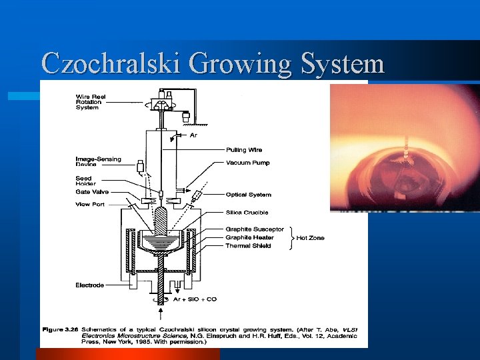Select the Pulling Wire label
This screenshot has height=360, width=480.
(x=245, y=150)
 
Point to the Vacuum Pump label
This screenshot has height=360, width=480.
(x=248, y=163)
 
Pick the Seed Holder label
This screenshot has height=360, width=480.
(x=85, y=181)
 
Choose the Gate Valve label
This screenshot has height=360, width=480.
(x=92, y=192)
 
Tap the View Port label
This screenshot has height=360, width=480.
(x=90, y=204)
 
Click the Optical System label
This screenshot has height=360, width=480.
(x=249, y=195)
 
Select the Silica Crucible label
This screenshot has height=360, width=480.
(x=247, y=213)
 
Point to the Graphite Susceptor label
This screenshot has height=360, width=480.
(x=255, y=229)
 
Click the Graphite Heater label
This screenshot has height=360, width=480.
(x=249, y=237)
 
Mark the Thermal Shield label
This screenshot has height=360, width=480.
(x=248, y=246)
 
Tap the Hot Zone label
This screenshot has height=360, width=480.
(x=310, y=238)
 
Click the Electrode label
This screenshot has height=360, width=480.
(x=89, y=285)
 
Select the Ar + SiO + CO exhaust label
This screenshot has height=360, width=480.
(x=195, y=299)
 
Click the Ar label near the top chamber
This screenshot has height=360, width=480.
(x=193, y=135)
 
